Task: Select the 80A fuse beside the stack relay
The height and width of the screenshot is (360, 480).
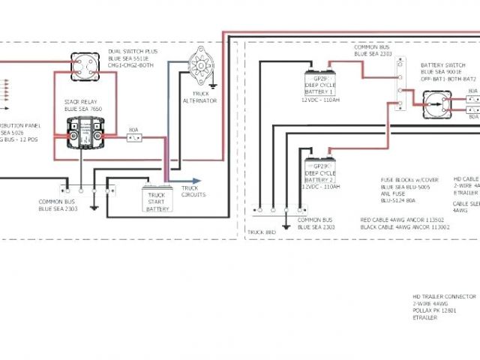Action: click(x=133, y=137)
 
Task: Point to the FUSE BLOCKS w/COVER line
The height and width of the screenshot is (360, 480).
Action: click(x=409, y=179)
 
